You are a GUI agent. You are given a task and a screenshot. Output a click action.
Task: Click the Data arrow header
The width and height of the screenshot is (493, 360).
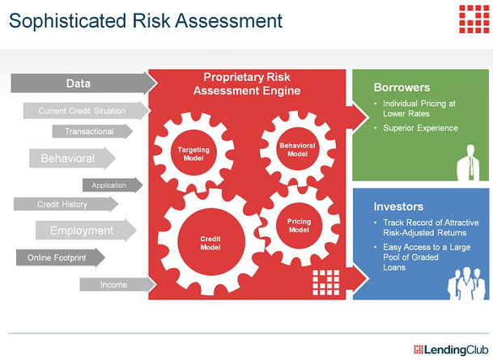tap(83, 83)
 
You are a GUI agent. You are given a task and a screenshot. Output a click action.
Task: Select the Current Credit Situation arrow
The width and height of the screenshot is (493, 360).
tap(86, 111)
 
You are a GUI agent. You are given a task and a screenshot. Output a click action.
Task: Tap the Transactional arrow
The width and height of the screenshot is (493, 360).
tap(92, 131)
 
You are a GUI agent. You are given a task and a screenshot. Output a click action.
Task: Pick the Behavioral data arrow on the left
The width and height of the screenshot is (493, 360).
tap(72, 158)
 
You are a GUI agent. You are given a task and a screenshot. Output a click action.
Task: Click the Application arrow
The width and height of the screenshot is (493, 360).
tap(113, 185)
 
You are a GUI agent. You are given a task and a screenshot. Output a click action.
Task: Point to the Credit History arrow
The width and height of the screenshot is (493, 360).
tap(66, 204)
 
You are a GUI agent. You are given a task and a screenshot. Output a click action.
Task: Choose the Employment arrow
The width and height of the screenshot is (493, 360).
tap(86, 231)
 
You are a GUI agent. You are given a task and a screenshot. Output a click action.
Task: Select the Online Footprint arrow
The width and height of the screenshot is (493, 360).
tap(61, 257)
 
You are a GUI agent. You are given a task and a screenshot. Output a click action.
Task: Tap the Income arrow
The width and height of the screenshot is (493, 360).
tap(117, 285)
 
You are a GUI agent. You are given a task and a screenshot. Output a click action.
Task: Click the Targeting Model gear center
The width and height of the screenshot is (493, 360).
tap(193, 154)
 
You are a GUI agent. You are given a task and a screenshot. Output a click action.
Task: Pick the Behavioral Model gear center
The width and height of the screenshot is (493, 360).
tap(297, 150)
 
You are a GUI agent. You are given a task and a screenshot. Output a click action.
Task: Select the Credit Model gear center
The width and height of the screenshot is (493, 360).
tap(210, 243)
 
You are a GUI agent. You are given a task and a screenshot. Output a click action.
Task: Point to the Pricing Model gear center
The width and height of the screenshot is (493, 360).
tap(299, 225)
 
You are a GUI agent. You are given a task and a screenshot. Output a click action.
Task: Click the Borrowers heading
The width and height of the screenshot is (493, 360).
tap(402, 87)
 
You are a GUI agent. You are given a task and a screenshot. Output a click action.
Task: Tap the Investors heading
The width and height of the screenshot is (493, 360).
tap(398, 206)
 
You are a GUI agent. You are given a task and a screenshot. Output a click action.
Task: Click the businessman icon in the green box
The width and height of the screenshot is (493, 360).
tap(469, 163)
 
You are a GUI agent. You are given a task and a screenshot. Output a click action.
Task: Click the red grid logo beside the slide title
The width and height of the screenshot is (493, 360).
tap(474, 19)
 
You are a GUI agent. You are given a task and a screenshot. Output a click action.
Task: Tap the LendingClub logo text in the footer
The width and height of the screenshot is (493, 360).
tap(451, 349)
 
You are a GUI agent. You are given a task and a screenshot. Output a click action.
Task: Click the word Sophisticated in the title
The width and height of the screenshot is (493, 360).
tap(68, 21)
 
